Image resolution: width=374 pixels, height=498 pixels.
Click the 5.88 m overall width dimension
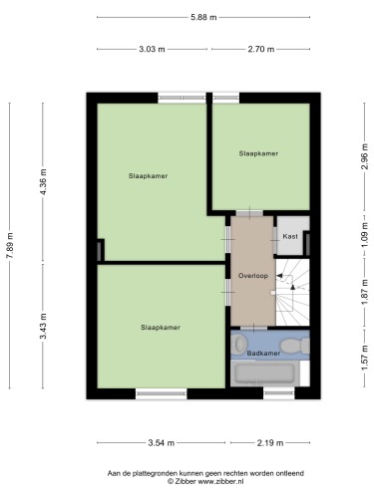click(203, 17)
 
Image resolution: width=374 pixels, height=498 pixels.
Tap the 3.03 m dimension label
click(152, 49)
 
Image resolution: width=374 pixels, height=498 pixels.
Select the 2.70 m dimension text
click(261, 49)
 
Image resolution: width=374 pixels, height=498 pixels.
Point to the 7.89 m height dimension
click(10, 245)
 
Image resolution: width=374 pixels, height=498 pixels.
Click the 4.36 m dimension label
click(43, 182)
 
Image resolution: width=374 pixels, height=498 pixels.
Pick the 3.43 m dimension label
click(43, 327)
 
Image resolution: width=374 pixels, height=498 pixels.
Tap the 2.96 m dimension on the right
click(365, 156)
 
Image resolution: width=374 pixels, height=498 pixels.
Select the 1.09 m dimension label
click(365, 234)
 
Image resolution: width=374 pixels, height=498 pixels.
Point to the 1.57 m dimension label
click(365, 359)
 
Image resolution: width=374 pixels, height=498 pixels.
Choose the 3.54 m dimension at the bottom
click(161, 443)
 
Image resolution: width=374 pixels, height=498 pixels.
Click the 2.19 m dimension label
click(270, 443)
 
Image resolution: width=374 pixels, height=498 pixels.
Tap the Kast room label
click(290, 236)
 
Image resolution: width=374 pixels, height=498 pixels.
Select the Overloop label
click(253, 276)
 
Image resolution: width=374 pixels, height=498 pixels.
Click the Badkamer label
click(263, 354)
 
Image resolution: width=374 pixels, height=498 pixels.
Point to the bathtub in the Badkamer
click(264, 373)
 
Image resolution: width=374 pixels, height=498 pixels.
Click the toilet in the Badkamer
click(294, 346)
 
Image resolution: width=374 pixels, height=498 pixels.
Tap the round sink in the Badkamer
click(238, 343)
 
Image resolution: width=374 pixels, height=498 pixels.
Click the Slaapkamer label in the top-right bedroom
click(258, 153)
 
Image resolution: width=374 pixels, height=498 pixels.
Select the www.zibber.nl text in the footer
click(221, 481)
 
